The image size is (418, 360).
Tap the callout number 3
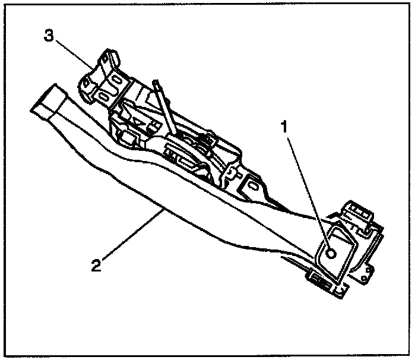tap(49, 36)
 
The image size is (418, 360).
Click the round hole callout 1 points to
tap(331, 253)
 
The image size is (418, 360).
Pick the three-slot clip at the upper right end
tap(360, 213)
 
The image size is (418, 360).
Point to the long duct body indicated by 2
tap(178, 196)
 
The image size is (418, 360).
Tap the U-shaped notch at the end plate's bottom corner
tap(340, 289)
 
